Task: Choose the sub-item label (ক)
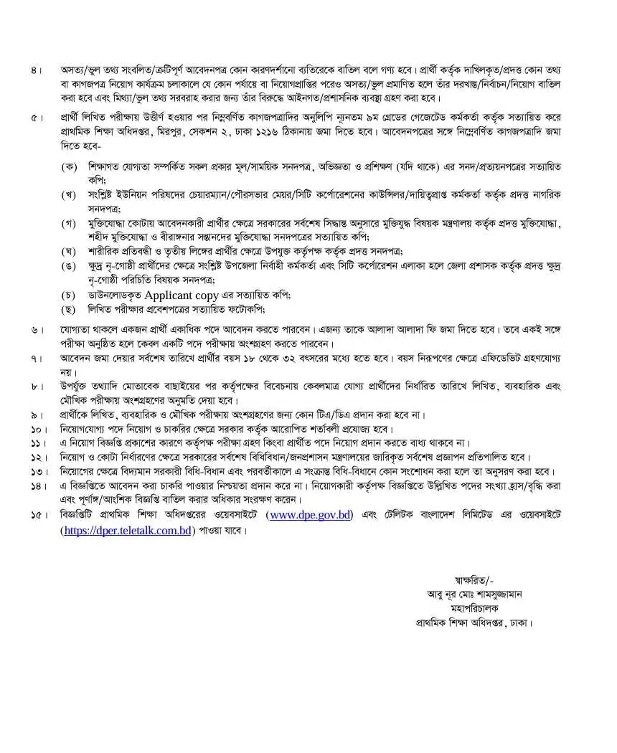tap(70, 166)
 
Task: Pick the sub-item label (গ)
tap(70, 222)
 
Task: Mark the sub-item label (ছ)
tap(70, 309)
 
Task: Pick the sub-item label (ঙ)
tap(70, 265)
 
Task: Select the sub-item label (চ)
tap(70, 295)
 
